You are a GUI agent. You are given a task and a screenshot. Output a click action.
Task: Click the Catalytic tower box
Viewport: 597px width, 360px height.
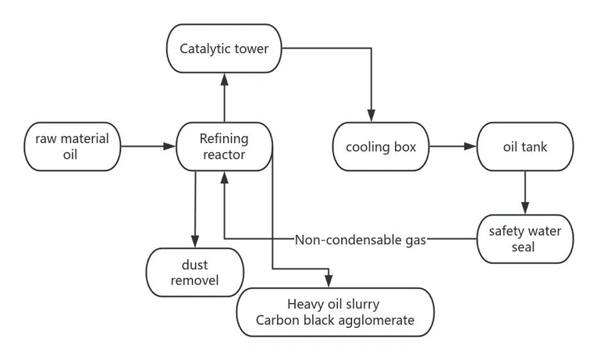(x=224, y=48)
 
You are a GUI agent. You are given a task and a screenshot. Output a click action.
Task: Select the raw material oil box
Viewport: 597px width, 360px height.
(x=72, y=147)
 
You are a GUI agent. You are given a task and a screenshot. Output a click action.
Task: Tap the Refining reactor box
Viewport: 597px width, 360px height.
(x=224, y=147)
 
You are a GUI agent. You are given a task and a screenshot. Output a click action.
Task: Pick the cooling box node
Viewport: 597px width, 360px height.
(x=381, y=147)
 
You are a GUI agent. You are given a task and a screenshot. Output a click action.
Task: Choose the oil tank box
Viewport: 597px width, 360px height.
(x=524, y=147)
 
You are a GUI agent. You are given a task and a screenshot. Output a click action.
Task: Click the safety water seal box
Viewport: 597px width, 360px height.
(x=524, y=240)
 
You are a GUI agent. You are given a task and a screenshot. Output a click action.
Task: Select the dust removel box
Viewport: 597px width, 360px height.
(x=195, y=273)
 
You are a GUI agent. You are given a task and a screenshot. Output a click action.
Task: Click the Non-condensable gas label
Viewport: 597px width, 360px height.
(x=361, y=240)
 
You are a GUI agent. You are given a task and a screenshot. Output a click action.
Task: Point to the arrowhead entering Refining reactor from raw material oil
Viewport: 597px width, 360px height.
(x=171, y=146)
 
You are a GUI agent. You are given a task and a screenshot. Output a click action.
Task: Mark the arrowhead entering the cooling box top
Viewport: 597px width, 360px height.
(x=371, y=117)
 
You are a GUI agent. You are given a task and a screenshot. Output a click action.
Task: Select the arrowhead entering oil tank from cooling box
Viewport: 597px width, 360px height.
(x=471, y=146)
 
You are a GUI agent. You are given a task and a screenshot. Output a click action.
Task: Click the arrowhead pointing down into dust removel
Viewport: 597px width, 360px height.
(x=195, y=242)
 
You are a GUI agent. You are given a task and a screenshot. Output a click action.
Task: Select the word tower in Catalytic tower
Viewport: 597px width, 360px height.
(x=250, y=48)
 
